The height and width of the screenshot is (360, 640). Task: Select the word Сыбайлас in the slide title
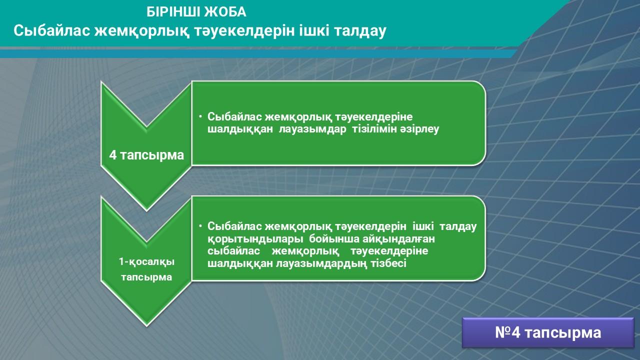pos(52,30)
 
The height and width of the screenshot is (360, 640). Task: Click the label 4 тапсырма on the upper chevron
pos(146,155)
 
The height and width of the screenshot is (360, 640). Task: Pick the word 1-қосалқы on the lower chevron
pos(146,261)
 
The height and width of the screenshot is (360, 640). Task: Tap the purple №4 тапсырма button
pos(548,332)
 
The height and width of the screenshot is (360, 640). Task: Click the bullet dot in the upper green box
pos(200,116)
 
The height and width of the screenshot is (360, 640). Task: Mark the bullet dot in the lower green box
pos(200,225)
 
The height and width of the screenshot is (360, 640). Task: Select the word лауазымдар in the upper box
pos(312,129)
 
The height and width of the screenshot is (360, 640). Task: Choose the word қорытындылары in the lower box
pos(255,239)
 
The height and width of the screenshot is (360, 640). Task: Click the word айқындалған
pos(398,238)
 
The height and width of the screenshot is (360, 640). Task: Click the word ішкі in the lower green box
pos(423,226)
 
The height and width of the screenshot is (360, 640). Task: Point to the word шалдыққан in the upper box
pos(240,129)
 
